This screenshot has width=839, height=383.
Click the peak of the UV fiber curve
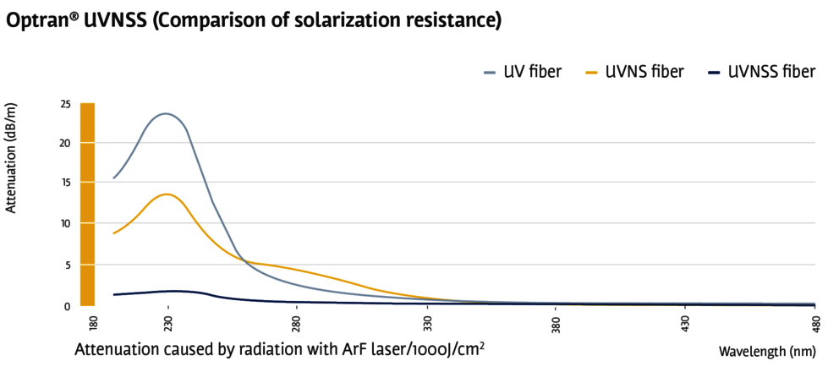tap(166, 113)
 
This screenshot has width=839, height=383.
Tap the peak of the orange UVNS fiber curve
tap(167, 194)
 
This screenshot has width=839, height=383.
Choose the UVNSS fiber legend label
tap(771, 72)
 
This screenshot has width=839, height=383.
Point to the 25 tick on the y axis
tap(65, 103)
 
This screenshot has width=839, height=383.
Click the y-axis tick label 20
tap(65, 142)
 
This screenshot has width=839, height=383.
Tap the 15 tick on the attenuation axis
tap(65, 182)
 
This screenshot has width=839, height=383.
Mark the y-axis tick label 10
tap(65, 223)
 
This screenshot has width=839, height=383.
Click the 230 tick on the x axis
tap(168, 324)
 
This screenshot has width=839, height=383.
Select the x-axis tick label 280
tap(297, 324)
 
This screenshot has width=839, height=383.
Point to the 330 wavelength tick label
tap(428, 324)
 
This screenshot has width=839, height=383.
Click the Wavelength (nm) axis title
tap(767, 352)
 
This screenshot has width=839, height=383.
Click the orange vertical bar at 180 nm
tap(87, 204)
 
